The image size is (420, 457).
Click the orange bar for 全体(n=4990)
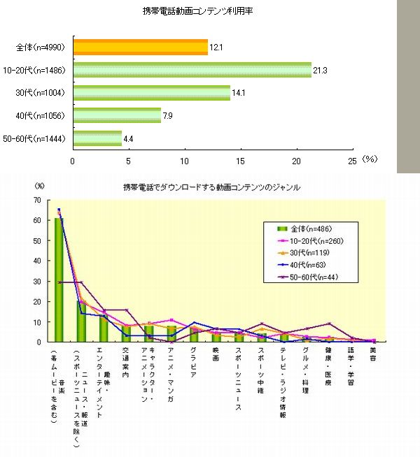pyautogui.click(x=140, y=48)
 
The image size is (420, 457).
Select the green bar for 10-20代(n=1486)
pyautogui.click(x=192, y=70)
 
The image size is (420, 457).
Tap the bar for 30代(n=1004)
pyautogui.click(x=151, y=93)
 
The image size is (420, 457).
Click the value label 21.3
pyautogui.click(x=321, y=70)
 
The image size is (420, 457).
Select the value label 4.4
pyautogui.click(x=129, y=138)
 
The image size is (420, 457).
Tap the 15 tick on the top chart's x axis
pyautogui.click(x=241, y=159)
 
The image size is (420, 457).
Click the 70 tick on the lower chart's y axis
pyautogui.click(x=39, y=200)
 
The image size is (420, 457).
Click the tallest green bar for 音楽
pyautogui.click(x=59, y=280)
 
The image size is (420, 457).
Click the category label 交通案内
pyautogui.click(x=126, y=362)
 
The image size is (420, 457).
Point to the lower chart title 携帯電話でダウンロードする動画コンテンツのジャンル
pyautogui.click(x=211, y=187)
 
